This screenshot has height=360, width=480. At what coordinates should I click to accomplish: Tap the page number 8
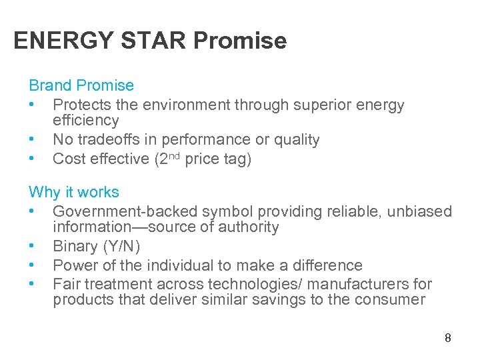click(x=448, y=338)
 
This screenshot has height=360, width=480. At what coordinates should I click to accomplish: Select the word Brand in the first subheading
click(x=50, y=85)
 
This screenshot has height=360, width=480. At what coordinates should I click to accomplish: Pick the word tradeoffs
click(x=114, y=139)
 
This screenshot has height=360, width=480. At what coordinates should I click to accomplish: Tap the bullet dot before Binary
click(x=32, y=247)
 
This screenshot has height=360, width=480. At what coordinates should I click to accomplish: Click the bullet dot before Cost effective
click(x=32, y=159)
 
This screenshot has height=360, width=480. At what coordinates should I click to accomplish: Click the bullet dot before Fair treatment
click(x=32, y=285)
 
